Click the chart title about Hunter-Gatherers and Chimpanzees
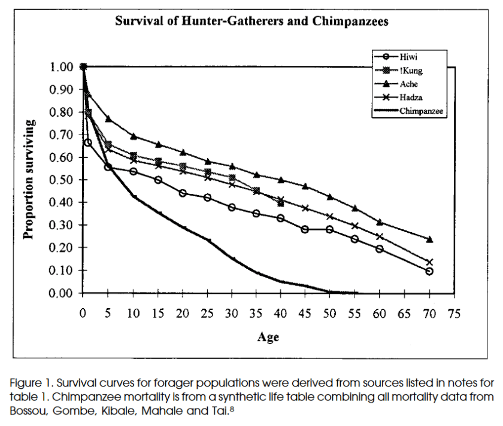pos(251,22)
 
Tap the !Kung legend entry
pos(411,71)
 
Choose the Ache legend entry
pos(409,84)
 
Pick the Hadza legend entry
pos(410,98)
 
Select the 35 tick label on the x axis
pos(257,313)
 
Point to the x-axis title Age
pos(268,337)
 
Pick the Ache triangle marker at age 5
pos(108,118)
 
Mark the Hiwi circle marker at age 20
pos(183,193)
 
